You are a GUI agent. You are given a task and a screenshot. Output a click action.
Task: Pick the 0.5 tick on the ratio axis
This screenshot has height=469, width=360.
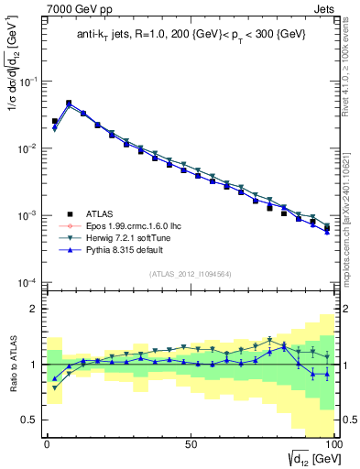pyautogui.click(x=32, y=420)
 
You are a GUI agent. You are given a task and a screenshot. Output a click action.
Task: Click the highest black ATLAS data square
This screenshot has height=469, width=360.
pyautogui.click(x=69, y=104)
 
